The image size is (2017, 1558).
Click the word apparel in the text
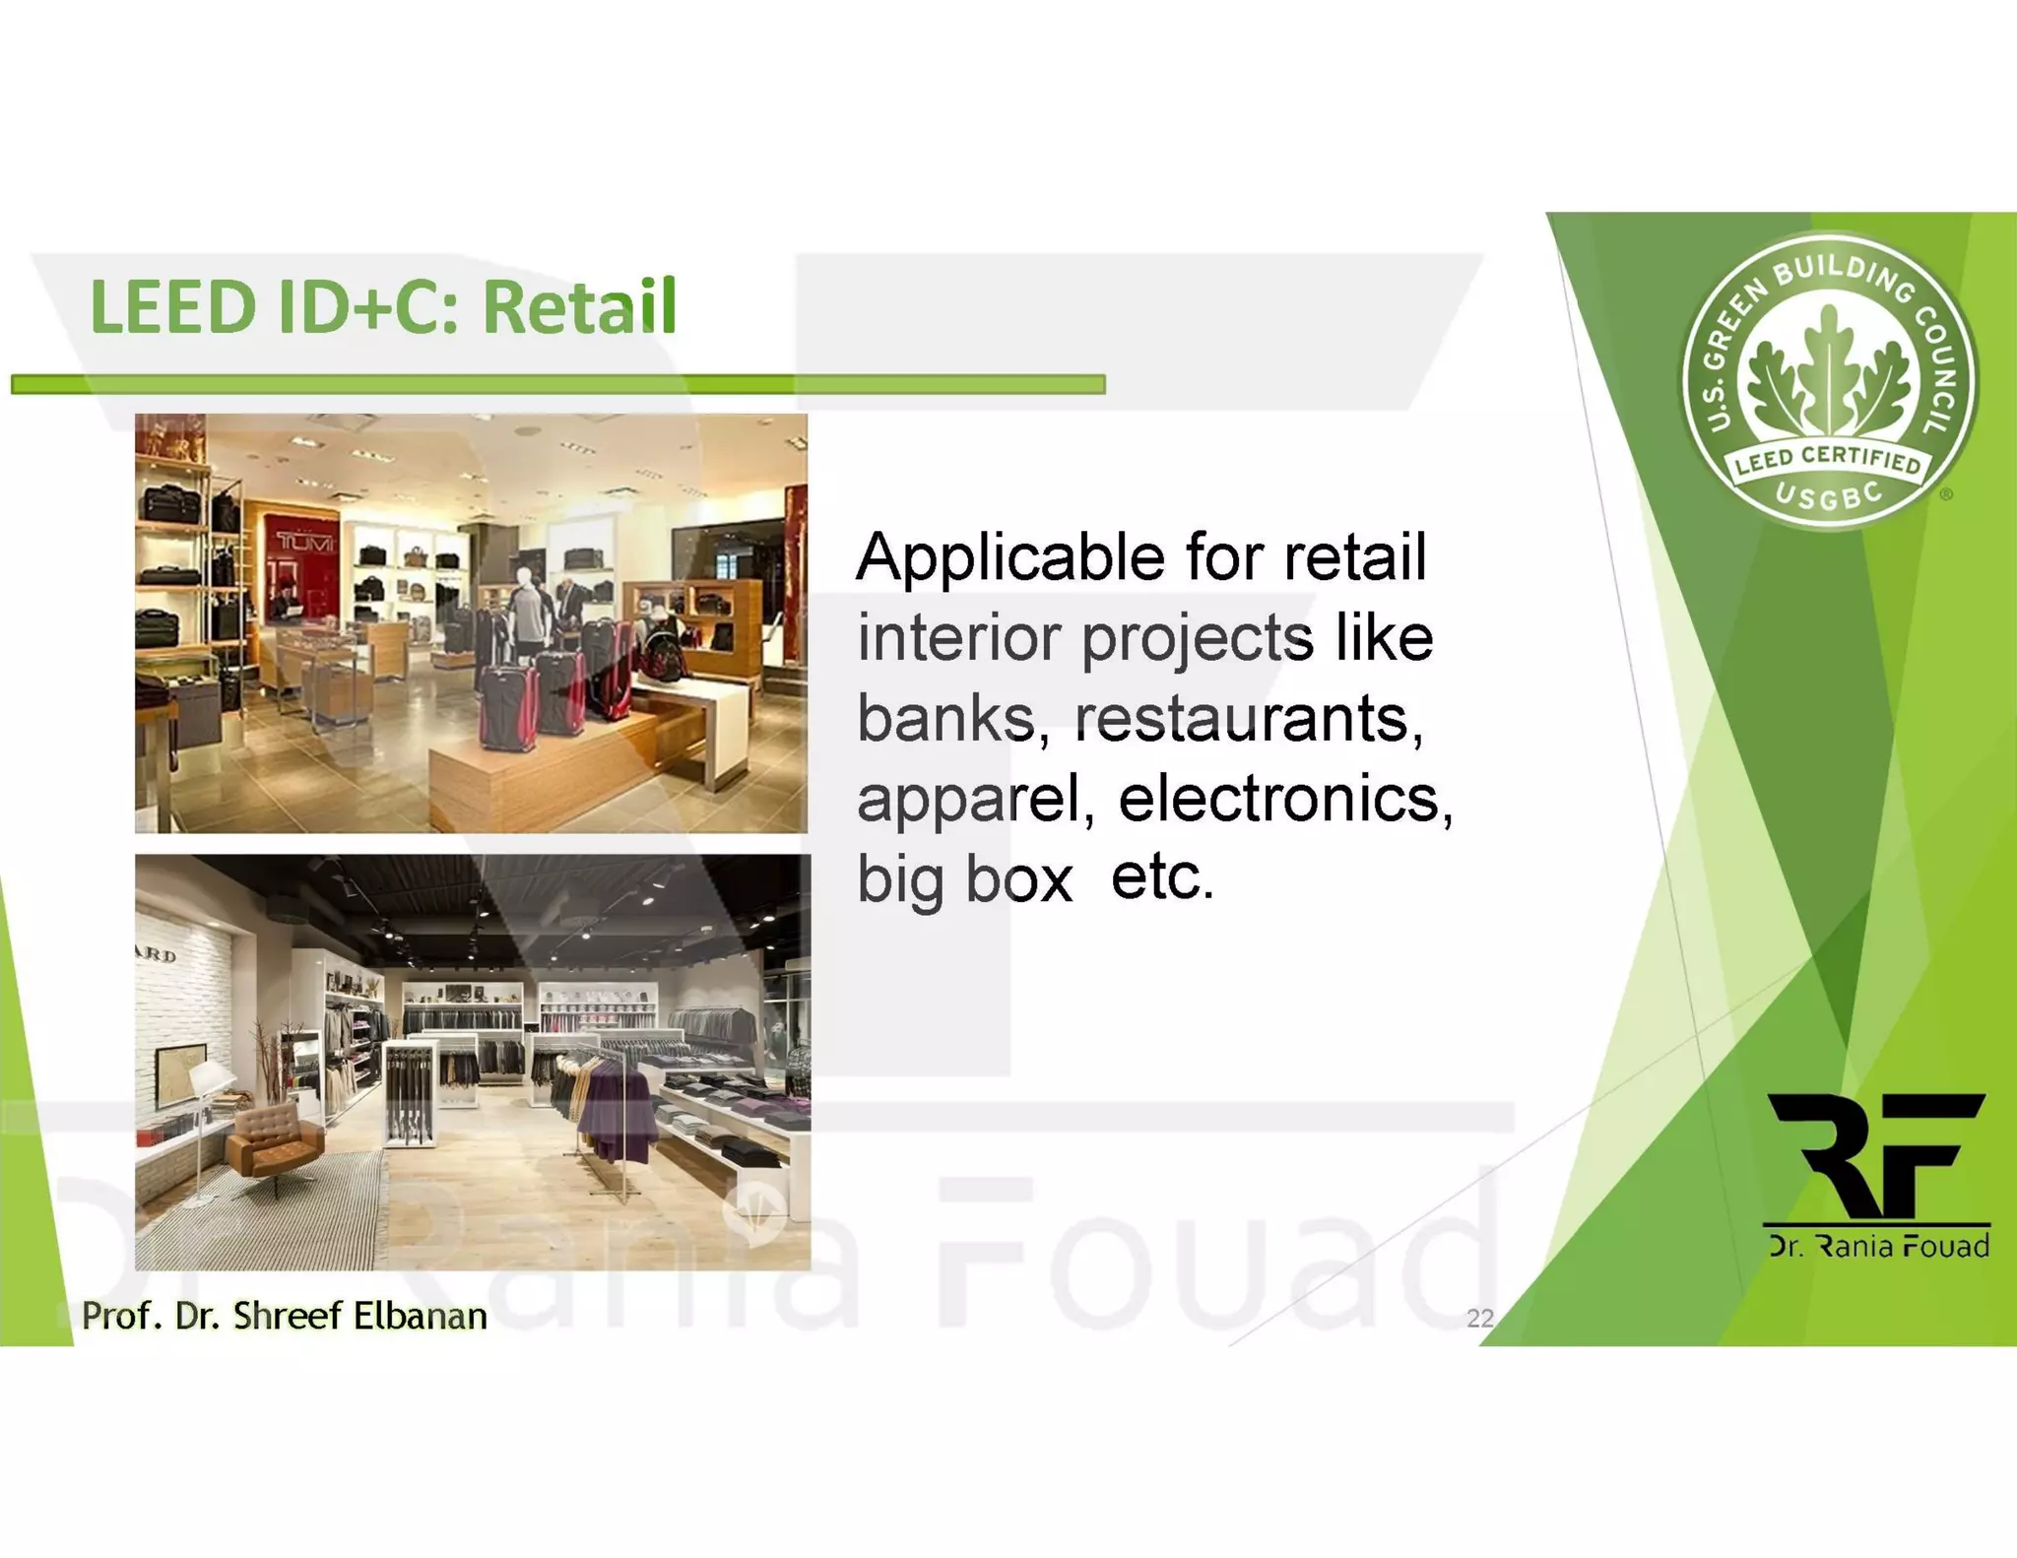975,800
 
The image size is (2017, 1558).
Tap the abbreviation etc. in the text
1162,876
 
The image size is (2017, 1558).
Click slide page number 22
1479,1318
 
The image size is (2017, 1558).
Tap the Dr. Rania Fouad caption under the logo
1879,1247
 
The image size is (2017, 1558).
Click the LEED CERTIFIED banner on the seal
1828,459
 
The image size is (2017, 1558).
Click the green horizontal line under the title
557,384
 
